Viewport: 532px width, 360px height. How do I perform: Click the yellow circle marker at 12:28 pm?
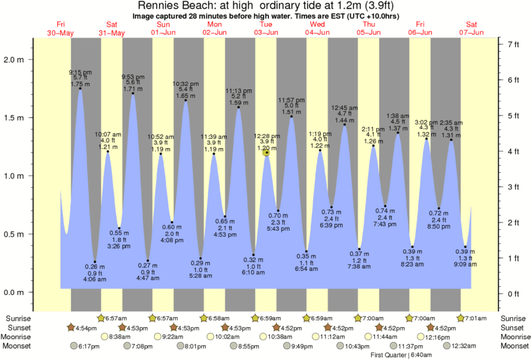point(266,153)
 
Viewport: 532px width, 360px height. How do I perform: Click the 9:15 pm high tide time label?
point(81,72)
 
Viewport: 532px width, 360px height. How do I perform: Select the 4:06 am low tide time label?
point(95,280)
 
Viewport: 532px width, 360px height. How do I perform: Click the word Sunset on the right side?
point(513,327)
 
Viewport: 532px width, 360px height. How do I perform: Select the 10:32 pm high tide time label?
point(184,84)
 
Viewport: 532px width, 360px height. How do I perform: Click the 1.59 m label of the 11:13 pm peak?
point(237,103)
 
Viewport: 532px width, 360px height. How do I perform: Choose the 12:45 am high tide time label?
point(344,107)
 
